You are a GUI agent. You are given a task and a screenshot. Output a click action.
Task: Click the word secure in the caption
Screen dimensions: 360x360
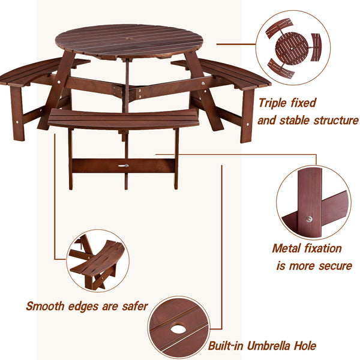[x=331, y=266]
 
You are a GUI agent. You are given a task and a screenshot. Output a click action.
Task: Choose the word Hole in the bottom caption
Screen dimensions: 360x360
[x=304, y=346]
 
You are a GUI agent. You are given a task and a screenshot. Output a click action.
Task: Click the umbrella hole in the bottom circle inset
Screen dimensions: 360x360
[x=178, y=329]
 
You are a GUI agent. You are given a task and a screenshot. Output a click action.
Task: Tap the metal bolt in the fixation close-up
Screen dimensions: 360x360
[x=310, y=218]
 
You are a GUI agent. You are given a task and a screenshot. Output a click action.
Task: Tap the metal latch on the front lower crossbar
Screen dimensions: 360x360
[x=124, y=166]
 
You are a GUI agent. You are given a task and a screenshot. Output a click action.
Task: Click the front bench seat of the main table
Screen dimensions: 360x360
[x=124, y=118]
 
